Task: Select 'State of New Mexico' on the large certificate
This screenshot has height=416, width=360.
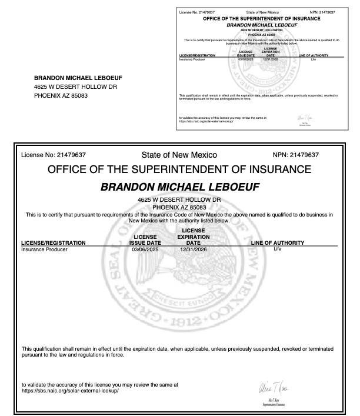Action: [179, 155]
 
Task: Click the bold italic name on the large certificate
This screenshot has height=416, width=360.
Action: [180, 187]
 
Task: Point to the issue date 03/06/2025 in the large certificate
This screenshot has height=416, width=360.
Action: [145, 249]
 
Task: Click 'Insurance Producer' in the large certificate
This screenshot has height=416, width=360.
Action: [44, 249]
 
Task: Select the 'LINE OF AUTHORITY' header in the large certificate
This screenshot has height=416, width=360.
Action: [277, 242]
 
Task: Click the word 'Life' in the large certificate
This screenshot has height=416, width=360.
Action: [278, 249]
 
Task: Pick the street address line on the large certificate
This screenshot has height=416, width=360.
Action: [179, 201]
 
